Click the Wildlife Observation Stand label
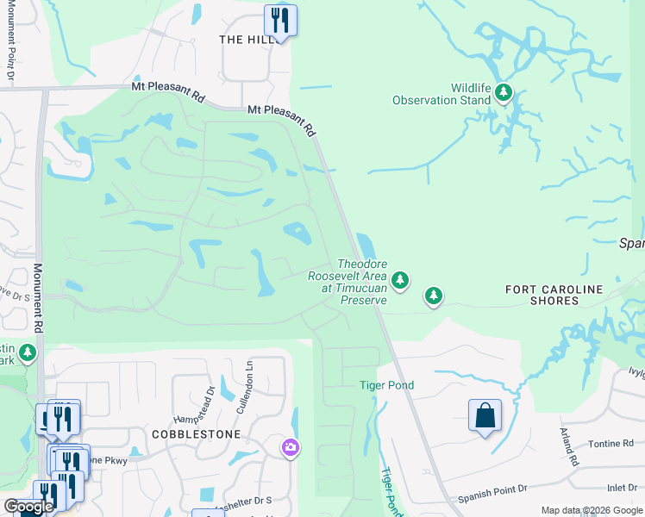click(441, 94)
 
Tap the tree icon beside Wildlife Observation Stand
click(503, 92)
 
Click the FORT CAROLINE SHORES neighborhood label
click(554, 296)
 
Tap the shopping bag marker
click(485, 415)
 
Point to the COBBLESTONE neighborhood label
click(196, 434)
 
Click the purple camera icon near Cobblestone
click(291, 447)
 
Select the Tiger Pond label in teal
click(387, 385)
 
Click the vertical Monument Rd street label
click(37, 298)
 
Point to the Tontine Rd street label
click(611, 443)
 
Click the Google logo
click(29, 507)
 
